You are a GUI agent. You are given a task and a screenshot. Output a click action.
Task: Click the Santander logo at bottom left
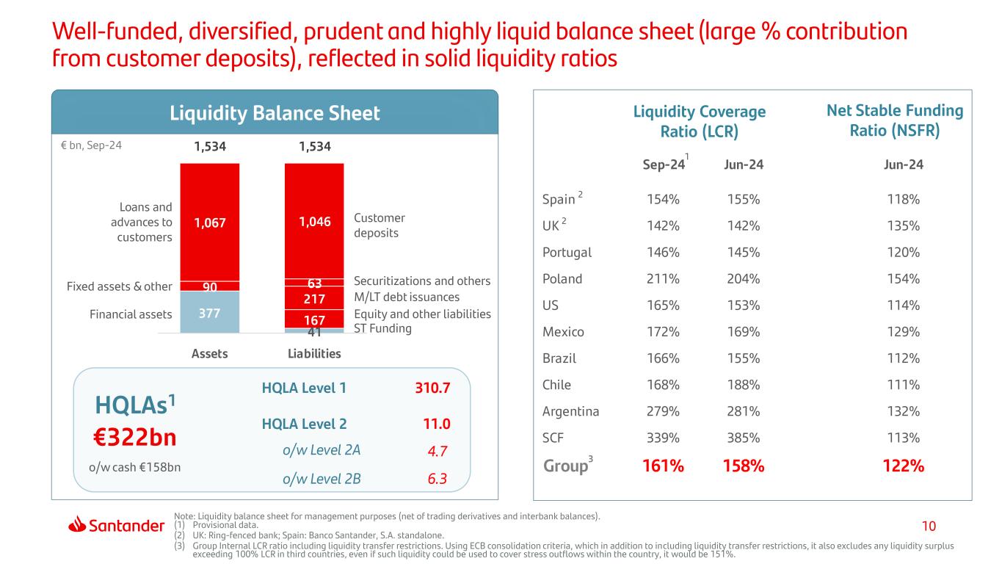[x=116, y=525]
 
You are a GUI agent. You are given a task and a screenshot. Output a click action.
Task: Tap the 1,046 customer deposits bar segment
[x=314, y=220]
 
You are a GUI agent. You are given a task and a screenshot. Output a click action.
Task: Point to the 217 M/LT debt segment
[x=314, y=299]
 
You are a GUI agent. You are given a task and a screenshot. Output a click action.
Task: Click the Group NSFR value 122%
[x=904, y=466]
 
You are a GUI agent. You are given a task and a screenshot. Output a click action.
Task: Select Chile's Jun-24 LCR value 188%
[x=744, y=385]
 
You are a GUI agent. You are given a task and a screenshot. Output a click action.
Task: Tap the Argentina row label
[x=570, y=411]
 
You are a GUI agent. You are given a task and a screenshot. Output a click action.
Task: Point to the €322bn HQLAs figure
[x=136, y=437]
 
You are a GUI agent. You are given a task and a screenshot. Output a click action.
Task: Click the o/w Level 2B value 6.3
[x=438, y=480]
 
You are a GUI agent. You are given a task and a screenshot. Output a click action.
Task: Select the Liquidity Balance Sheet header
[x=275, y=113]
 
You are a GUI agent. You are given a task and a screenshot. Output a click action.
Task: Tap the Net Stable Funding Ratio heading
[x=894, y=121]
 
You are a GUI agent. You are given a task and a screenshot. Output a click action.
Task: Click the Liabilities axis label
[x=313, y=354]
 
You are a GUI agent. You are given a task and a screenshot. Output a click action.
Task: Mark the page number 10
[x=929, y=526]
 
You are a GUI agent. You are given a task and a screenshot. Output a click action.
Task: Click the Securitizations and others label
[x=422, y=281]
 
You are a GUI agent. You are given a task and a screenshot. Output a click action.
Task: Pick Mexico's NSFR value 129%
[x=904, y=332]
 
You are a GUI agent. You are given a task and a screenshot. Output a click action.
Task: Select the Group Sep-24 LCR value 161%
[x=664, y=466]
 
